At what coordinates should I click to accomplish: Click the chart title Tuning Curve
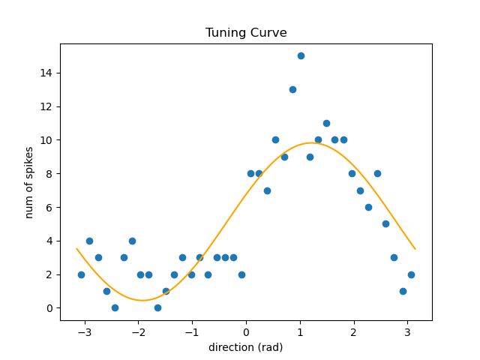coord(246,33)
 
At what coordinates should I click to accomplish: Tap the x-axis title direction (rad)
coord(246,347)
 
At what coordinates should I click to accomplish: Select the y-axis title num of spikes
coord(29,181)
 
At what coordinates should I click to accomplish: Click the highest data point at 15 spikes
coord(301,55)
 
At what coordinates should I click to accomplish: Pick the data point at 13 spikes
coord(292,89)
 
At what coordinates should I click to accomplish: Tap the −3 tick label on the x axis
coord(85,332)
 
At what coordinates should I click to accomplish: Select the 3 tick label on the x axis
coord(407,332)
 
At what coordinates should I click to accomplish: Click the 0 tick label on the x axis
coord(246,332)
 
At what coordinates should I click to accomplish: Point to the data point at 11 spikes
coord(326,123)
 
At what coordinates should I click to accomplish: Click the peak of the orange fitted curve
coord(310,142)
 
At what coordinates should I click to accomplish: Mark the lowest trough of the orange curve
coord(142,300)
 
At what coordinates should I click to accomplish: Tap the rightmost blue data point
coord(411,274)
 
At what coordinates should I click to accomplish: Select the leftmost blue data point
coord(81,274)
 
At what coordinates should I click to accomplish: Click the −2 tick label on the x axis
coord(139,332)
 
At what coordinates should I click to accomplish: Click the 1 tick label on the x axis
coord(300,332)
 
